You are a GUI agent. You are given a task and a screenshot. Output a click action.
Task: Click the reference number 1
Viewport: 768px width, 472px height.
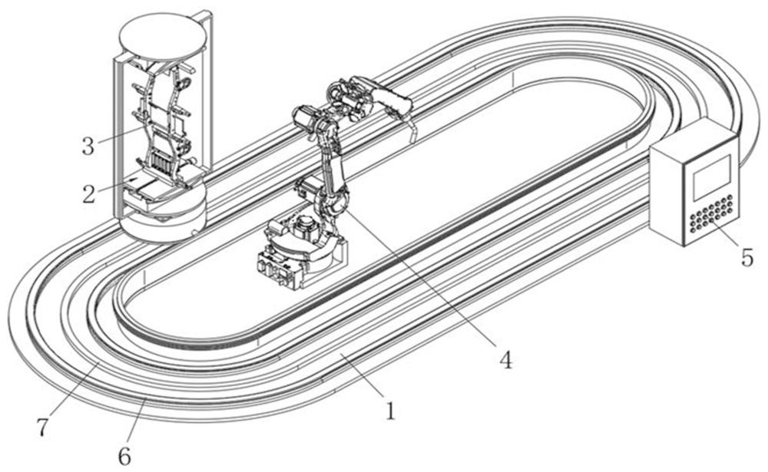click(390, 411)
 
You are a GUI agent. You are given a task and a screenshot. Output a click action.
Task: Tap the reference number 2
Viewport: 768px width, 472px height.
click(88, 194)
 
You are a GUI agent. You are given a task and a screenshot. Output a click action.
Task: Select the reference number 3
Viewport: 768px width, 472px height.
click(88, 147)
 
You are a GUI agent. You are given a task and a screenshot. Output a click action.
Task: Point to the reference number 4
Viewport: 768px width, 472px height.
click(505, 360)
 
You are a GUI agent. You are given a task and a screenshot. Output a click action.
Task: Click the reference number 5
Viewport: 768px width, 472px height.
click(746, 258)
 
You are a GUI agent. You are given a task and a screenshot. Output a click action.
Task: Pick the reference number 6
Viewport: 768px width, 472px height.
click(124, 457)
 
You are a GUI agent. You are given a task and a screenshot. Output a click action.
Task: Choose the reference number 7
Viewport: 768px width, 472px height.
click(42, 427)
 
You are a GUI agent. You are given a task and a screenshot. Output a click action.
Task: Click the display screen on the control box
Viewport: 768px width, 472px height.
click(712, 177)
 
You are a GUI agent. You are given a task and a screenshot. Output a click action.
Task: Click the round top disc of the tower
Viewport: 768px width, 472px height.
click(163, 37)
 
